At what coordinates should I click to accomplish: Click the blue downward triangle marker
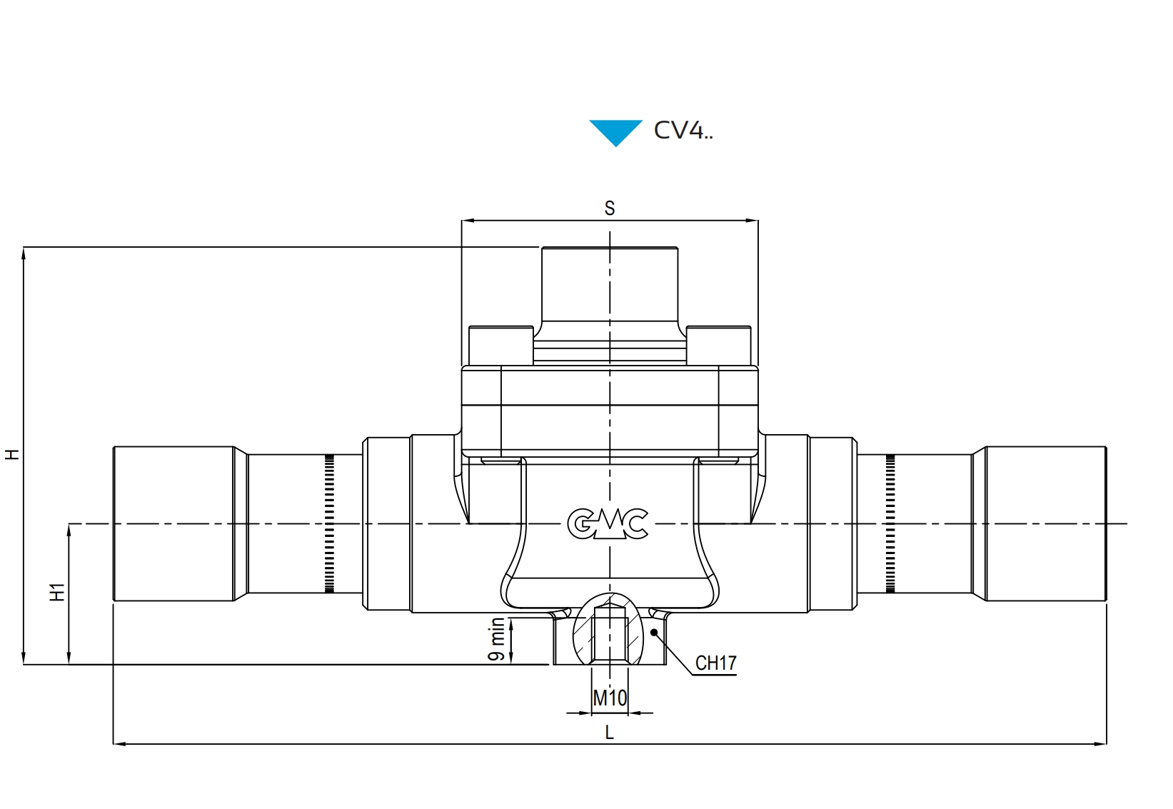615,131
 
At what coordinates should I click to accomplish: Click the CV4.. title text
683,130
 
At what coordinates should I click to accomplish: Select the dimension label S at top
609,208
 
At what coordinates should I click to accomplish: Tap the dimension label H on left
13,454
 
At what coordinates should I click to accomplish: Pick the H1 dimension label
57,592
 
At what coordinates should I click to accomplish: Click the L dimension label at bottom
609,732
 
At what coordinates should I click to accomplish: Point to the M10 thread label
610,698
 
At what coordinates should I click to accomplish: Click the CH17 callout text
715,663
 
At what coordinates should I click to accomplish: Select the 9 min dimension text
497,640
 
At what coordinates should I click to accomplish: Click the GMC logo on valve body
608,523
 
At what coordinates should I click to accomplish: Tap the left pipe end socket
173,523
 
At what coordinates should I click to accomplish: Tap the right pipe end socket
1045,523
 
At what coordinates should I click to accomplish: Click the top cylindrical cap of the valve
609,286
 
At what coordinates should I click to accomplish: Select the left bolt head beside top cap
500,346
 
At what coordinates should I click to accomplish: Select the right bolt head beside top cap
718,346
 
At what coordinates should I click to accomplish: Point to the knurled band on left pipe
329,523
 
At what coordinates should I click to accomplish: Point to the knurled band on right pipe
890,523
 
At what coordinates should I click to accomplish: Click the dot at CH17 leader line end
654,631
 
